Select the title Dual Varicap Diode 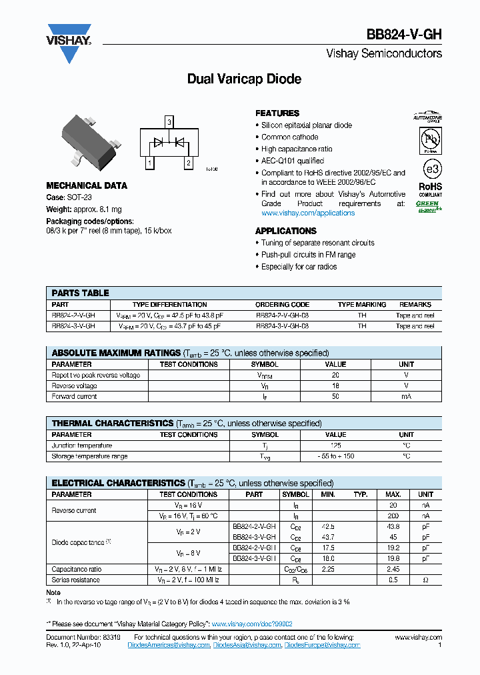click(x=244, y=79)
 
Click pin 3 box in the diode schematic click(x=169, y=122)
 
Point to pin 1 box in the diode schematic click(x=149, y=163)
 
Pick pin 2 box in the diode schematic click(x=189, y=163)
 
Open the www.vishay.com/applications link click(x=307, y=213)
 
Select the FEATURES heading click(x=277, y=113)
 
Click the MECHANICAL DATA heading click(x=87, y=185)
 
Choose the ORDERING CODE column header click(x=282, y=305)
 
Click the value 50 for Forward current click(x=335, y=397)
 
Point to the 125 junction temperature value click(x=335, y=446)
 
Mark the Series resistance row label click(x=76, y=580)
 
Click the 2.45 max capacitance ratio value click(x=393, y=570)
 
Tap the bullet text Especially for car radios click(x=299, y=267)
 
